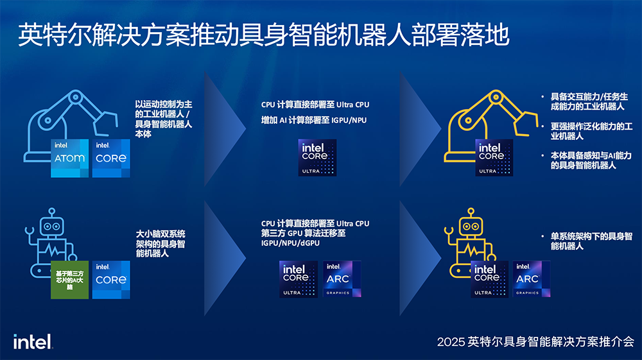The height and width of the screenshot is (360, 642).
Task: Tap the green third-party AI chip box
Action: pos(70,280)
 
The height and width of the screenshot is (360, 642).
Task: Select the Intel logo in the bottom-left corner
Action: pos(32,342)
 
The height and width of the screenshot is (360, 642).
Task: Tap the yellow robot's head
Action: pos(473,227)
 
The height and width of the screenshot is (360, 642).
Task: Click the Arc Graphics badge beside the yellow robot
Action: pos(532,279)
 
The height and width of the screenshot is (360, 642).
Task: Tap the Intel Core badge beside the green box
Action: pos(111,280)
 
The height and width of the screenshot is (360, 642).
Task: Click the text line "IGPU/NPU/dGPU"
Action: pos(290,244)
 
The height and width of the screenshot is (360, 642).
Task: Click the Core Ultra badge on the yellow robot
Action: pos(490,279)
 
